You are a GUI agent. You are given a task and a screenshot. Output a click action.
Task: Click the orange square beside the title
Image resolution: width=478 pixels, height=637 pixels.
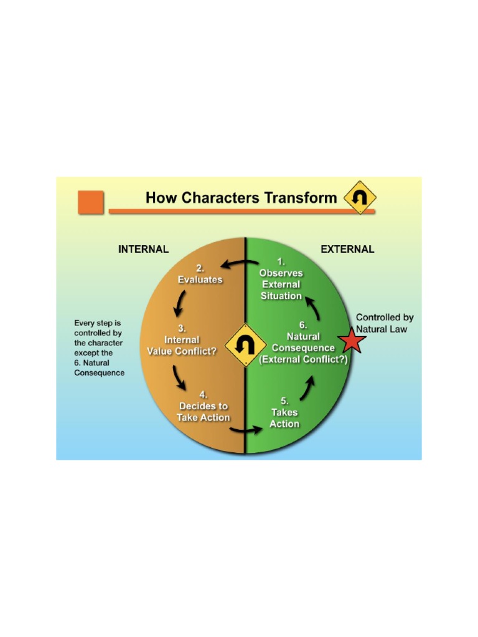click(x=90, y=202)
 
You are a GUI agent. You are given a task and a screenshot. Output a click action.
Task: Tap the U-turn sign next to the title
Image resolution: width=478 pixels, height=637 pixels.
click(x=360, y=198)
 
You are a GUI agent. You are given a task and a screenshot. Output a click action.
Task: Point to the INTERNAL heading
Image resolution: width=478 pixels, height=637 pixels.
click(x=143, y=249)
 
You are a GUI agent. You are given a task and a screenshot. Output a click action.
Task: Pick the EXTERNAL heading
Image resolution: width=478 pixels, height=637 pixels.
click(x=347, y=249)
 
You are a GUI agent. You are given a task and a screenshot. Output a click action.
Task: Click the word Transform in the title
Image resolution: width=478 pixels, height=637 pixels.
click(x=303, y=198)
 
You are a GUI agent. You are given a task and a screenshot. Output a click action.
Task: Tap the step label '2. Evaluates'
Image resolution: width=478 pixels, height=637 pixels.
click(x=200, y=274)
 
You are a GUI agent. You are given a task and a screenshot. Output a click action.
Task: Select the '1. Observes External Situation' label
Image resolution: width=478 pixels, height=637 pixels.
click(x=281, y=285)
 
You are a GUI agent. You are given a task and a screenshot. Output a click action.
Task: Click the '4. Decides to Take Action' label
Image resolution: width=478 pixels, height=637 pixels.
click(x=204, y=406)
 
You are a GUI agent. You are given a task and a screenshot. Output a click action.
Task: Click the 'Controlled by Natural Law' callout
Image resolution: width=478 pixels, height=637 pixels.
click(x=385, y=323)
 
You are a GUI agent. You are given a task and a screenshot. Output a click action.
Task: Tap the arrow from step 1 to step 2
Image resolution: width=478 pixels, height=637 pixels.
click(x=238, y=264)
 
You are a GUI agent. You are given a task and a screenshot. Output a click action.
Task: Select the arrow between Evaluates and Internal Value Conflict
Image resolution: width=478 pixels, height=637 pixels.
click(x=179, y=303)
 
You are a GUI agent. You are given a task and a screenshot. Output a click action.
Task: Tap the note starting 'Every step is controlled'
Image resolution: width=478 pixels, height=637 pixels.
click(x=99, y=348)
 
